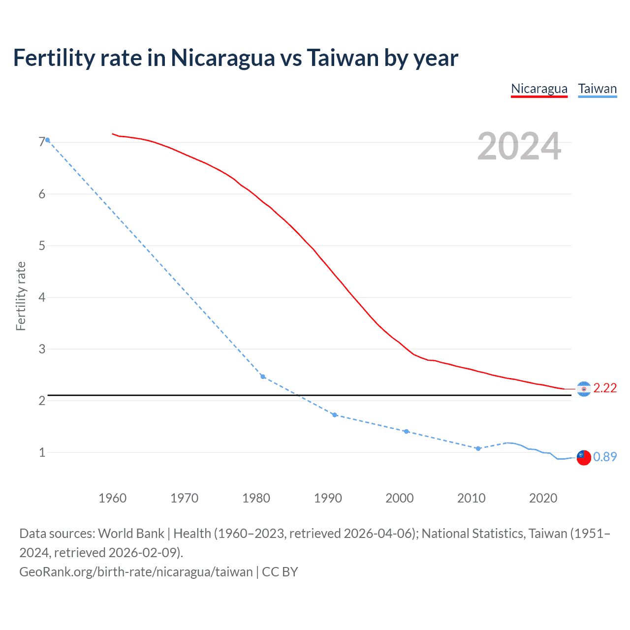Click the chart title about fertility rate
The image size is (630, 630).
point(235,58)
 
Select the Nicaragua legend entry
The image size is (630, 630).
point(539,89)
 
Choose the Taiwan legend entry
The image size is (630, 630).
point(597,89)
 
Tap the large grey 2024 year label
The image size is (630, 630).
point(519,146)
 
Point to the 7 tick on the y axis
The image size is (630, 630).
point(42,142)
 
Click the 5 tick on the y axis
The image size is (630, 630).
point(42,246)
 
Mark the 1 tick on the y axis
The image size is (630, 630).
point(42,452)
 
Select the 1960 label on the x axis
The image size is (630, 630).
point(113,498)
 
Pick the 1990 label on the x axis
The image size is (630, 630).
point(328,498)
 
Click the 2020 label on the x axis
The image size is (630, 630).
point(543,498)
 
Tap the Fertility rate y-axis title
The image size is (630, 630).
point(21,296)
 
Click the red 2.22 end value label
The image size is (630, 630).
point(605,388)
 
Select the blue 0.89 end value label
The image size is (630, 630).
point(605,457)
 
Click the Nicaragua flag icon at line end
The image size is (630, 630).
point(584,389)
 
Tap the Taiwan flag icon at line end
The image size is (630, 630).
point(584,457)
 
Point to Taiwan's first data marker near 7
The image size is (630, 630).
point(48,140)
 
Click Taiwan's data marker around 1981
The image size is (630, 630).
point(263,377)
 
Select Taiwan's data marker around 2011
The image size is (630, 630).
point(478,448)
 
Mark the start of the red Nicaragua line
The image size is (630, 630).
point(113,133)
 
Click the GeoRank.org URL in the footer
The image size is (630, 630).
point(136,572)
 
